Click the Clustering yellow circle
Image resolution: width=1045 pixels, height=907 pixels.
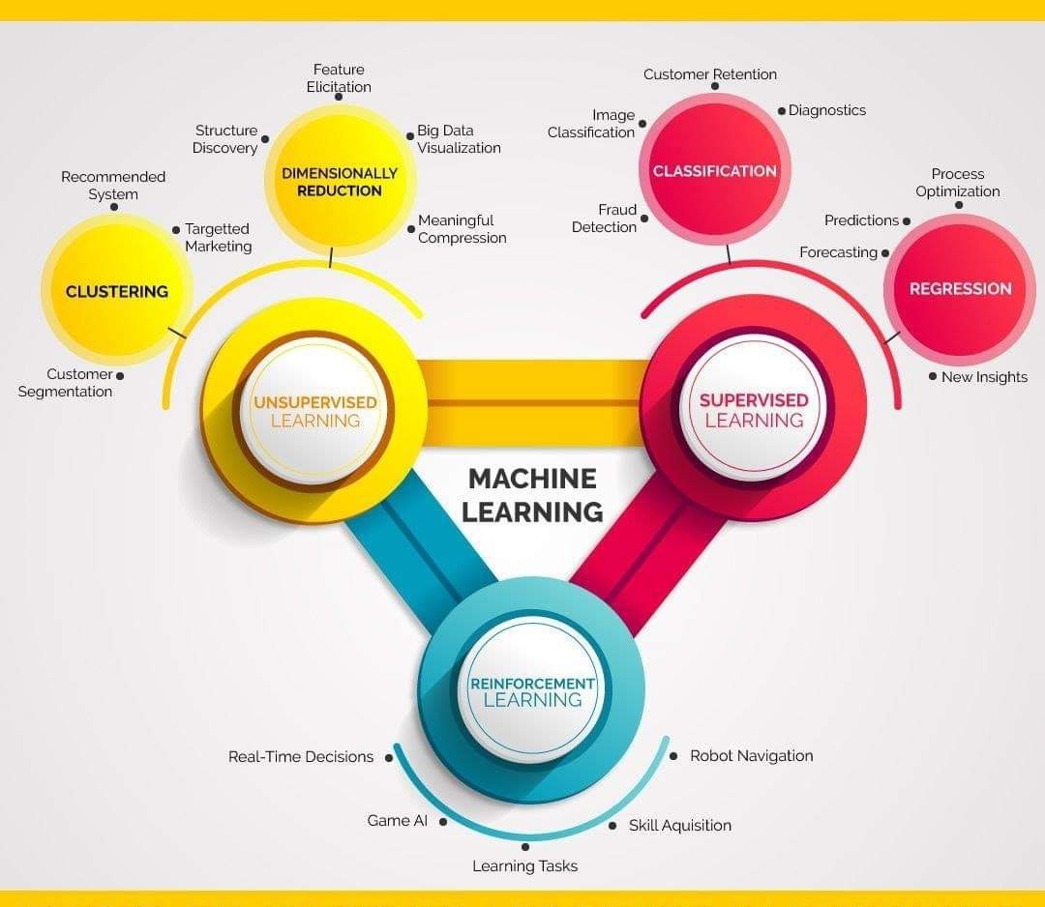click(x=117, y=290)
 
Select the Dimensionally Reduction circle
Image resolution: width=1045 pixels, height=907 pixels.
click(x=340, y=182)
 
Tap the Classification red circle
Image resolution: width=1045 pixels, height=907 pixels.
click(x=715, y=171)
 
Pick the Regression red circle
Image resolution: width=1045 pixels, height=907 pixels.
click(x=960, y=288)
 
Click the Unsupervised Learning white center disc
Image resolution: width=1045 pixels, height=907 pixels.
click(x=315, y=411)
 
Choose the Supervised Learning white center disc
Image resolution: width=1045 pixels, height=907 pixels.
click(x=754, y=410)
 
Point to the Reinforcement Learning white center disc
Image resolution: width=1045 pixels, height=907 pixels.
click(x=532, y=690)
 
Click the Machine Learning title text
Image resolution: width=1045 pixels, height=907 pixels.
click(x=532, y=495)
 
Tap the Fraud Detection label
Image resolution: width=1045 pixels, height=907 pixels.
click(x=605, y=219)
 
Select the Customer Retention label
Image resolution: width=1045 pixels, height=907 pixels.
click(x=710, y=74)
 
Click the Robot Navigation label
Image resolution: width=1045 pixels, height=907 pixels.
click(x=751, y=756)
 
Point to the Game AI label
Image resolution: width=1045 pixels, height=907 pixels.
click(x=397, y=821)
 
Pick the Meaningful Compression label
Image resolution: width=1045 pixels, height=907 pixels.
click(x=462, y=229)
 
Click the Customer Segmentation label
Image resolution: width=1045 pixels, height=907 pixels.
click(x=65, y=383)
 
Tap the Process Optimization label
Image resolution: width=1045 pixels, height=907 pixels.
click(x=957, y=183)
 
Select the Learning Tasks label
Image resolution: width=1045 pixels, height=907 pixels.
click(x=524, y=866)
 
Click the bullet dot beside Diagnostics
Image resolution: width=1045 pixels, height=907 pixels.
click(x=782, y=111)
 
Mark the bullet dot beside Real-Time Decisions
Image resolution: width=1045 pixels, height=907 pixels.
click(x=389, y=758)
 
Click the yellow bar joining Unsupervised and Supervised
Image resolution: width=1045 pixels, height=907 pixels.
click(x=532, y=396)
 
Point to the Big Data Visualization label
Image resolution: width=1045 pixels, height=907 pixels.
click(x=459, y=139)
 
